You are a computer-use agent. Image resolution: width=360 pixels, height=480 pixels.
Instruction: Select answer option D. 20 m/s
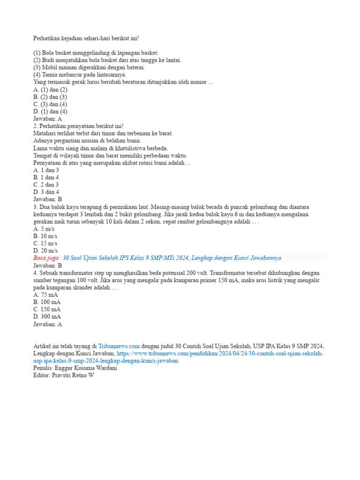[45, 251]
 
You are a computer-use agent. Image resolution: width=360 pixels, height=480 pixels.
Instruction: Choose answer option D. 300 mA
[47, 316]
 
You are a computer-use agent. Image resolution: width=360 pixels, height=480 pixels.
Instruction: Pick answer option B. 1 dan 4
[46, 178]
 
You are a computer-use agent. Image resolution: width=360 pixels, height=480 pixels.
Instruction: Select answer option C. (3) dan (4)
[50, 104]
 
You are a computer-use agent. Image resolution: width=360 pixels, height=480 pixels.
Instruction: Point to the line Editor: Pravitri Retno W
[63, 375]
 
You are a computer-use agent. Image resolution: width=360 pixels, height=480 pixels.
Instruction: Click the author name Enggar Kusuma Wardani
[85, 368]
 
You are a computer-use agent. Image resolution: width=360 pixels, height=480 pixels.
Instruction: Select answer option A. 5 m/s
[44, 229]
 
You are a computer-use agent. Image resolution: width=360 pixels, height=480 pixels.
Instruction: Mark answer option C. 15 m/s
[45, 243]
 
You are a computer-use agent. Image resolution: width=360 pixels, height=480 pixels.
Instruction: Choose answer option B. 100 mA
[47, 302]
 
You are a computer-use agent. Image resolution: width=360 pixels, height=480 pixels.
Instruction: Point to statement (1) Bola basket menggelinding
[96, 52]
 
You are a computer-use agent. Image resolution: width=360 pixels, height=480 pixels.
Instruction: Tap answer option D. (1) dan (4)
[51, 112]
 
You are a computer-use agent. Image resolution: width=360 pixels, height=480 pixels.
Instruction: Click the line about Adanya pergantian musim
[87, 141]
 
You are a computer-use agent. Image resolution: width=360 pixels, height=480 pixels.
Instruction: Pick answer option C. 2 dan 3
[46, 185]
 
